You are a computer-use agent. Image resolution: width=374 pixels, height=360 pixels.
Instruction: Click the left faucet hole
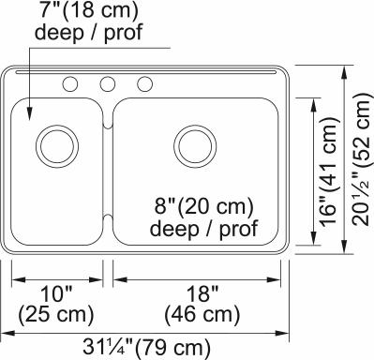pos(70,84)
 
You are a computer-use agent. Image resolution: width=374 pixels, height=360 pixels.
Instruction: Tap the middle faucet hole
pos(108,84)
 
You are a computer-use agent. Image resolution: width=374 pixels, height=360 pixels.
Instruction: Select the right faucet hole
pos(144,84)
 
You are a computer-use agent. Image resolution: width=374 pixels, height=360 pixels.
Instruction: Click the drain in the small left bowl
pos(57,146)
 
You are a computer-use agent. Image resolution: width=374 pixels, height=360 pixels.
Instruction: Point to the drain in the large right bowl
pos(195,146)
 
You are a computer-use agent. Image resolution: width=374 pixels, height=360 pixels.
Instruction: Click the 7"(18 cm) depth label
pos(88,10)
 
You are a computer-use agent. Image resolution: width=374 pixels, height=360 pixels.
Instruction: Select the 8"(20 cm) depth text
pos(203,206)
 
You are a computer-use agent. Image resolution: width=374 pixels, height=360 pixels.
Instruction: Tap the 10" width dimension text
pos(57,293)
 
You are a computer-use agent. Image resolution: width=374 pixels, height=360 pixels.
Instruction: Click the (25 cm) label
pos(56,313)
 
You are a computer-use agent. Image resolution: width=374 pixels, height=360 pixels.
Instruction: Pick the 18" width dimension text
pos(202,293)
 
